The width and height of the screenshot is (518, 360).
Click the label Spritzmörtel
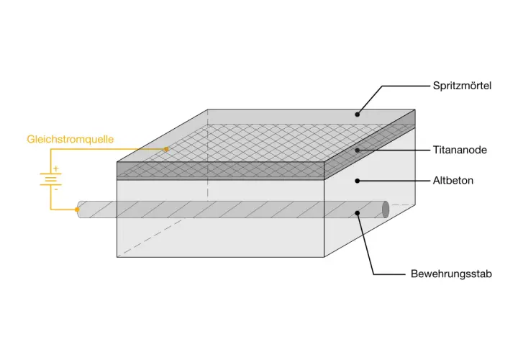(462, 86)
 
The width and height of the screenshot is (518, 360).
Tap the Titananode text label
(460, 150)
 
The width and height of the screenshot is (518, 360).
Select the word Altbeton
(453, 181)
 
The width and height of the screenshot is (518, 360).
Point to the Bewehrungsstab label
(451, 274)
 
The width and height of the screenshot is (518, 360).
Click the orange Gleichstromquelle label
(70, 139)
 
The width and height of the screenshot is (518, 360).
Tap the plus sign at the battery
(56, 168)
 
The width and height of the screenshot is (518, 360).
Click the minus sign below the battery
(56, 189)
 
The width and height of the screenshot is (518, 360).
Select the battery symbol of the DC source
(50, 179)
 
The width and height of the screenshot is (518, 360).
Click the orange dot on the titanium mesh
(166, 149)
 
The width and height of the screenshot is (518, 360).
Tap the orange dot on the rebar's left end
(77, 210)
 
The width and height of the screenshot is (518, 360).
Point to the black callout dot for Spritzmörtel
(357, 114)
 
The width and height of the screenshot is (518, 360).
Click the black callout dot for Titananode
(357, 150)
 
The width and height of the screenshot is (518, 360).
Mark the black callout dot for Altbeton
(357, 181)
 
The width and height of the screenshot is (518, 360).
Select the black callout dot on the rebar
(357, 212)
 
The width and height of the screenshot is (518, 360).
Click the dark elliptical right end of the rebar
(385, 210)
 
